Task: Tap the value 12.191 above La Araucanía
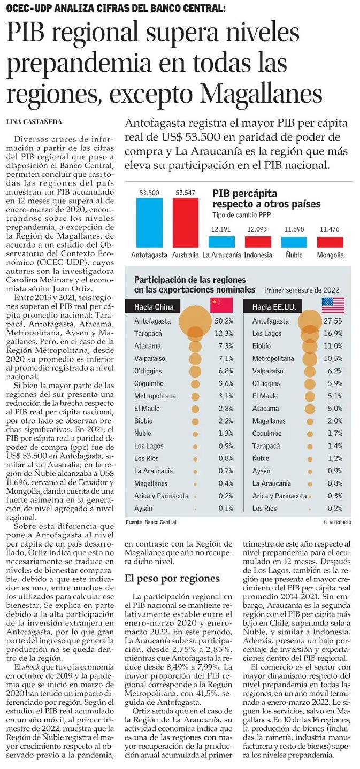pyautogui.click(x=221, y=229)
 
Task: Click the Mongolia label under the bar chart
pyautogui.click(x=330, y=255)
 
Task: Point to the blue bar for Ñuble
pyautogui.click(x=294, y=241)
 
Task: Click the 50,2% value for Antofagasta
pyautogui.click(x=222, y=321)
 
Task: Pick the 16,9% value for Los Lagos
pyautogui.click(x=334, y=334)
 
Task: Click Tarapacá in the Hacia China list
pyautogui.click(x=148, y=334)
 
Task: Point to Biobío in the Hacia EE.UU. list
pyautogui.click(x=262, y=347)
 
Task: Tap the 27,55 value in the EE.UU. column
pyautogui.click(x=333, y=321)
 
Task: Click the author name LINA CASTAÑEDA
pyautogui.click(x=34, y=122)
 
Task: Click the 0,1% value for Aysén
pyautogui.click(x=222, y=508)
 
